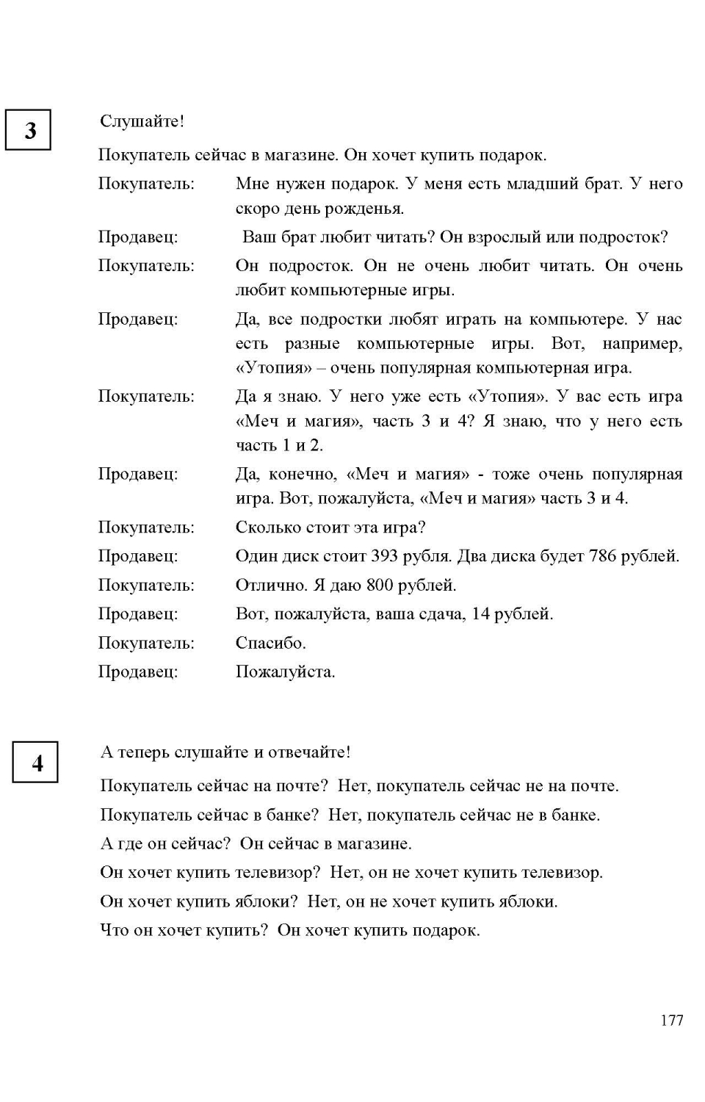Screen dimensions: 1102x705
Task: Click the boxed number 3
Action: tap(29, 130)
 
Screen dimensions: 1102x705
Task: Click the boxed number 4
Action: tap(36, 763)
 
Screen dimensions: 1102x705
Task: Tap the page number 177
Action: tap(671, 1020)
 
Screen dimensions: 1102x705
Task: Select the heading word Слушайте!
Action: tap(142, 121)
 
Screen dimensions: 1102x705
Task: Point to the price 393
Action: tap(384, 556)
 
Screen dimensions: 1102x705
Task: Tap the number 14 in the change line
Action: tap(480, 614)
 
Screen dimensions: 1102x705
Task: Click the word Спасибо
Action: tap(270, 643)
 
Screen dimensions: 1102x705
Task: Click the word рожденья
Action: tap(368, 209)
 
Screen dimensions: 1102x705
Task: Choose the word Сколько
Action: tap(269, 527)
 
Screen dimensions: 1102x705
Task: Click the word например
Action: tap(642, 344)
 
